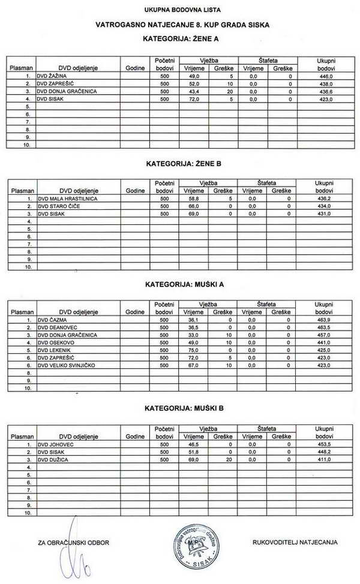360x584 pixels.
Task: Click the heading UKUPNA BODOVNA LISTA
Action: pyautogui.click(x=182, y=10)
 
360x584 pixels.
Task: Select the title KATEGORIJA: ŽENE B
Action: pyautogui.click(x=182, y=163)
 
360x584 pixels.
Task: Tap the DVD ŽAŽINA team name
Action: pyautogui.click(x=53, y=77)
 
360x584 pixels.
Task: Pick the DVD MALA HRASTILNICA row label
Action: pyautogui.click(x=67, y=198)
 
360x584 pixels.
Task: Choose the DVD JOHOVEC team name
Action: pyautogui.click(x=56, y=444)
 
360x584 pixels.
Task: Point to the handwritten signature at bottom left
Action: pyautogui.click(x=74, y=555)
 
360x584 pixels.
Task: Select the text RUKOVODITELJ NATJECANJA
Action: pyautogui.click(x=295, y=542)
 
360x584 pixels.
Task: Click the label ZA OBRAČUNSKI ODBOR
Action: pyautogui.click(x=73, y=543)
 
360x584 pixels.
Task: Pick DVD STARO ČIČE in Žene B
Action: pyautogui.click(x=58, y=206)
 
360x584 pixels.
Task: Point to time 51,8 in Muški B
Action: pyautogui.click(x=193, y=452)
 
